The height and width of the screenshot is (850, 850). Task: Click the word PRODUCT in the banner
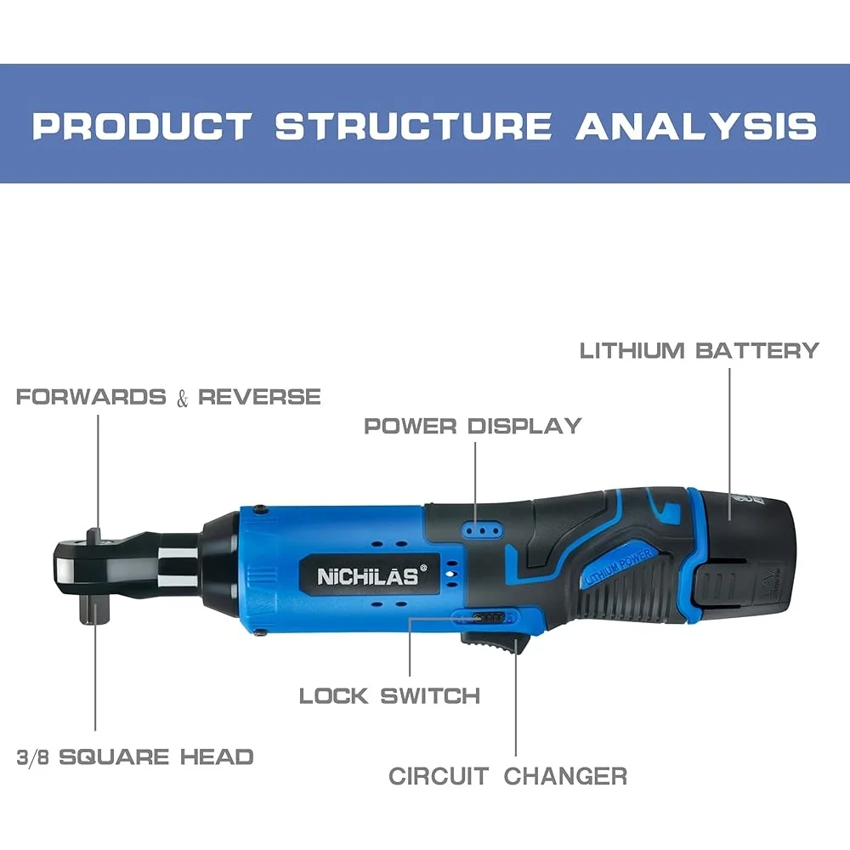pos(141,126)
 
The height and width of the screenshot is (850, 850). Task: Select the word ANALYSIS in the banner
pos(696,126)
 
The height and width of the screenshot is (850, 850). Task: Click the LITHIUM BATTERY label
pos(699,350)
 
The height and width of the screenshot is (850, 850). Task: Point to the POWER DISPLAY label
pos(473,425)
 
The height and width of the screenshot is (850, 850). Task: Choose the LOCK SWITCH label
pos(389,695)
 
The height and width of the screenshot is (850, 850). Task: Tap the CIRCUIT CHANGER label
pos(507,775)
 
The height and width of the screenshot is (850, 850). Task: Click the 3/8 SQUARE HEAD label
pos(135,756)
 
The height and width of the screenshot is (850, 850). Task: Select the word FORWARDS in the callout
pos(91,397)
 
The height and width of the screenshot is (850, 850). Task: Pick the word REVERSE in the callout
pos(259,397)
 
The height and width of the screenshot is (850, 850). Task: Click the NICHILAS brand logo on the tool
pos(368,576)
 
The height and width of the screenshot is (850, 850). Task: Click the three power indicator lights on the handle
pos(480,529)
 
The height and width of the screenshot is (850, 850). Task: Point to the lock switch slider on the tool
pos(489,617)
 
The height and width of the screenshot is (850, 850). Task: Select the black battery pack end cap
pos(753,552)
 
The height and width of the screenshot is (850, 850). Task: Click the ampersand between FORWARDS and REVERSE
pos(182,399)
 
